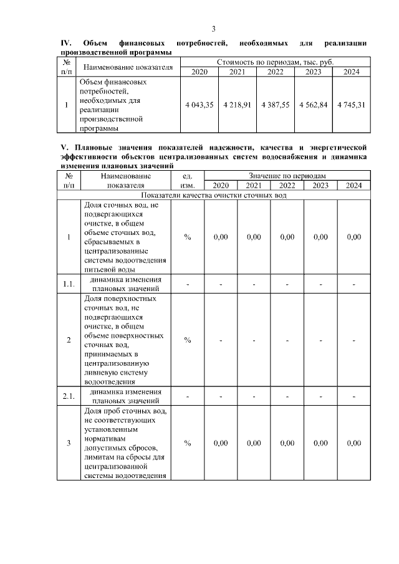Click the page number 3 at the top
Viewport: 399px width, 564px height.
click(x=214, y=29)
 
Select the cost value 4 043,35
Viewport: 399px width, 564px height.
click(x=199, y=105)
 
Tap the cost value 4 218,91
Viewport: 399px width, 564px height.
click(x=237, y=105)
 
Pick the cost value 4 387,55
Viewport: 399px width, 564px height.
click(x=274, y=105)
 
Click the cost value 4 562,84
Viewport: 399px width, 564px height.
click(x=312, y=105)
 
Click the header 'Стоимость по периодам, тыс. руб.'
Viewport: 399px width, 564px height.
click(x=275, y=62)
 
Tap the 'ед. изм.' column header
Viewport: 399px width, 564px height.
click(x=187, y=181)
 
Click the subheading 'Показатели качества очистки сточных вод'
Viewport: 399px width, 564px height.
click(x=214, y=195)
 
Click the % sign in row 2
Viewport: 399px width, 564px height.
click(x=187, y=340)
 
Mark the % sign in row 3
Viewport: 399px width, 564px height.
click(x=187, y=443)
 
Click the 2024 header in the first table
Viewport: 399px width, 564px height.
click(x=351, y=72)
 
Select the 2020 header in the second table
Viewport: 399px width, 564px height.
click(x=221, y=186)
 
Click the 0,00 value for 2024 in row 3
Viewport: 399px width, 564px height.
click(x=353, y=443)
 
